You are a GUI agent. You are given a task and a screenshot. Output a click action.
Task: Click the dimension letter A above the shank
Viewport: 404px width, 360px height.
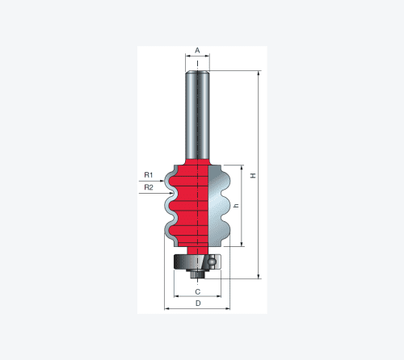(197, 50)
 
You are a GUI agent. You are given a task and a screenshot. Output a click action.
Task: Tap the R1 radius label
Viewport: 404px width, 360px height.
(149, 175)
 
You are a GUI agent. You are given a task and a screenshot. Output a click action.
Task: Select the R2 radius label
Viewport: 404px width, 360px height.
(149, 187)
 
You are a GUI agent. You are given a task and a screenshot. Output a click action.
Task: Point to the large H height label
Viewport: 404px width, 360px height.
(253, 176)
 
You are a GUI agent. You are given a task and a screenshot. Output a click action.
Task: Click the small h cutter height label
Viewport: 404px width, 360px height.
(237, 205)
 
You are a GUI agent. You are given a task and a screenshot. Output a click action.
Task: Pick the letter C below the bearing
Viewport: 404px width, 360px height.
(198, 291)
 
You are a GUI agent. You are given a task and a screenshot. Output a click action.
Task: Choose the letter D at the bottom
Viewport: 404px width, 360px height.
(198, 303)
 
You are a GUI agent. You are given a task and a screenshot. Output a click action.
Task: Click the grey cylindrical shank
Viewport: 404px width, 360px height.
(197, 115)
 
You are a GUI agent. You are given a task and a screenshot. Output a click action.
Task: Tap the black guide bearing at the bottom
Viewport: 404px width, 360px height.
(197, 262)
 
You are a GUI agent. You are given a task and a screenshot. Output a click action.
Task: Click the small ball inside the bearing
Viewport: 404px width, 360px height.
(213, 261)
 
